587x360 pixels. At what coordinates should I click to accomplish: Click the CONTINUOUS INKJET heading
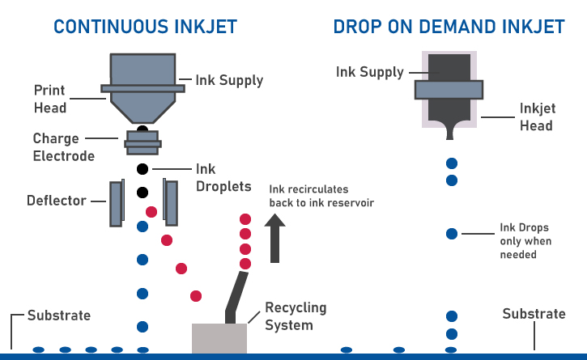point(146,26)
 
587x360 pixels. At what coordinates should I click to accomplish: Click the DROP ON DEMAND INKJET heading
point(449,26)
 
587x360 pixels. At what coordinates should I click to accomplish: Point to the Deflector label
point(56,200)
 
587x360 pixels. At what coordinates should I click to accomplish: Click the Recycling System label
point(296,316)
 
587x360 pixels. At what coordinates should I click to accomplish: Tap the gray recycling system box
point(219,337)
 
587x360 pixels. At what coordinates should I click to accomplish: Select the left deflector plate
point(116,203)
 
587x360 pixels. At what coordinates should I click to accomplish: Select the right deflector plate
point(170,201)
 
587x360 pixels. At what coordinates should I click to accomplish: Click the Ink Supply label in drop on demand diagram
point(369,72)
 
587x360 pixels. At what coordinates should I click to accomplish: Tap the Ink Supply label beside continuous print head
point(229,81)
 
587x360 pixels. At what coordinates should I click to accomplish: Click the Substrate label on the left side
point(59,315)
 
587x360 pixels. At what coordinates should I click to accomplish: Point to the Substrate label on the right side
point(534,314)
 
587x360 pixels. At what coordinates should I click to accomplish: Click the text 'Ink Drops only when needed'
point(525,241)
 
